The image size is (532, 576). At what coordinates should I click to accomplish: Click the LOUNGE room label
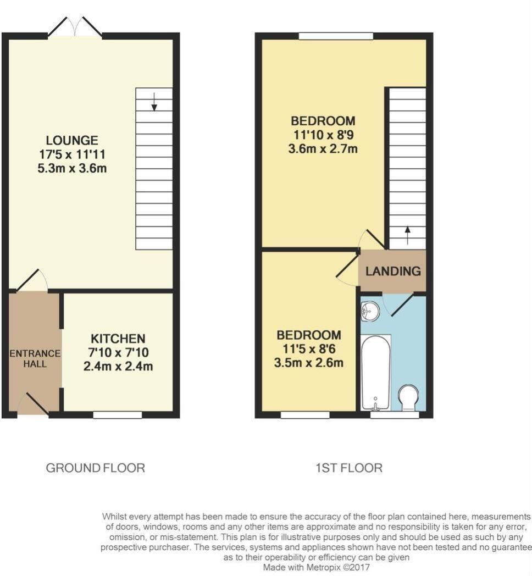click(x=72, y=140)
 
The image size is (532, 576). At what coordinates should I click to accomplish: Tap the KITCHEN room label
click(x=118, y=339)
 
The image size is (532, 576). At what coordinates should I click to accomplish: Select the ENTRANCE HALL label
click(x=35, y=358)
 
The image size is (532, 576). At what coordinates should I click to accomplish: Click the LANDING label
click(x=393, y=271)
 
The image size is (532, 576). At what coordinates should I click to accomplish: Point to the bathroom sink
click(x=370, y=312)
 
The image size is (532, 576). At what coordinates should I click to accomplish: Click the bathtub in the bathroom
click(x=376, y=373)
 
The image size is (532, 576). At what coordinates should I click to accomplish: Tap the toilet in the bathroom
click(x=408, y=398)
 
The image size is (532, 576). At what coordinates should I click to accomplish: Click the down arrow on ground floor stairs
click(x=154, y=102)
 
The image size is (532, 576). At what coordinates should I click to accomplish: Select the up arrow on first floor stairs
click(x=407, y=235)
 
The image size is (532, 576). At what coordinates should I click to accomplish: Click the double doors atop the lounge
click(x=75, y=27)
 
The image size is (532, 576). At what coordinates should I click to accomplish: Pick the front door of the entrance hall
click(x=34, y=404)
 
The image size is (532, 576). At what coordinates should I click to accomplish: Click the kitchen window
click(x=117, y=415)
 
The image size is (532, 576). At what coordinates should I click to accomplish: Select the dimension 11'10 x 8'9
click(x=323, y=135)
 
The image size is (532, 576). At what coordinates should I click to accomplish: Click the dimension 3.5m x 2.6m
click(x=309, y=363)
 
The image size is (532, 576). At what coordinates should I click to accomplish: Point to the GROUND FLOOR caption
click(x=95, y=468)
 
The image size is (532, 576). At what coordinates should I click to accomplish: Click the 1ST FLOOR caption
click(x=349, y=468)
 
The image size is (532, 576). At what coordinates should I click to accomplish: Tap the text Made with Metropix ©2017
click(x=318, y=567)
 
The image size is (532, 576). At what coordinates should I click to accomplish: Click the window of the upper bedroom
click(x=336, y=36)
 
